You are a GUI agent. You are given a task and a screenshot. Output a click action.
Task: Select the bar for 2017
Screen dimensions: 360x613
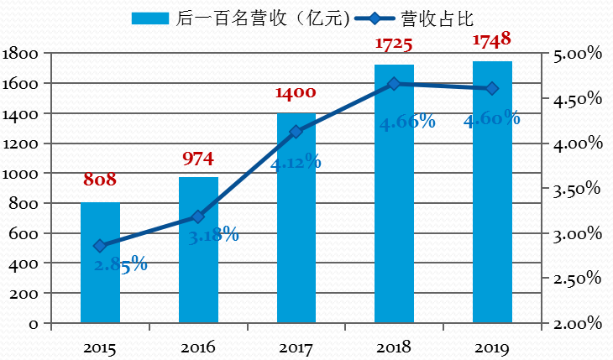296,218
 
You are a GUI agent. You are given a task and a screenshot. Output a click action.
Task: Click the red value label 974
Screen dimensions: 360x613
198,158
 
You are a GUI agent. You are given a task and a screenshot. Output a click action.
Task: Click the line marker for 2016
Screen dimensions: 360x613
198,217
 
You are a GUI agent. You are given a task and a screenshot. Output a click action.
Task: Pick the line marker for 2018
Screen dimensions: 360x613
394,84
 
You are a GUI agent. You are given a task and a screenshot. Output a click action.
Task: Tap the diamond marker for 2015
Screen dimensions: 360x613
100,246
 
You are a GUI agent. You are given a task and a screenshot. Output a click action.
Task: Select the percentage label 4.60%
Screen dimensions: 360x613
491,119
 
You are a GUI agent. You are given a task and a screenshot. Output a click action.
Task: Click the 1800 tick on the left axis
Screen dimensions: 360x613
23,54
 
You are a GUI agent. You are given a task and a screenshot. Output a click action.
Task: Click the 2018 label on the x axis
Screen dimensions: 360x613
394,347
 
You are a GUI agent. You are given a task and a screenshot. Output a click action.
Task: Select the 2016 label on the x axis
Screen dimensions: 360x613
198,347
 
